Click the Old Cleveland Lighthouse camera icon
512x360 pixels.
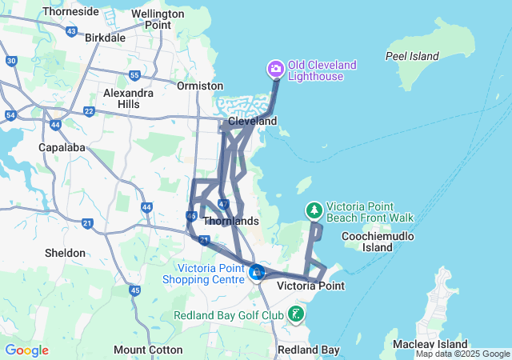tap(276, 70)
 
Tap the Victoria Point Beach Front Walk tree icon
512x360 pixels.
tap(314, 210)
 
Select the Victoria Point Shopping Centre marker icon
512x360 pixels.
tap(256, 272)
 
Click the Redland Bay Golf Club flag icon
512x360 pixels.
tap(297, 313)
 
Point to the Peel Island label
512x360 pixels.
tap(412, 56)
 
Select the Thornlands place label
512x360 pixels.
tap(231, 221)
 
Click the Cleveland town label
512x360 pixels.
tap(252, 121)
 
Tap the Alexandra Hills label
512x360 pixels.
tap(128, 98)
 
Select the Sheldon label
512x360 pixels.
tap(65, 253)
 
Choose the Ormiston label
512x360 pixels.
tap(200, 86)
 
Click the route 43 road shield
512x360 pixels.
tap(71, 32)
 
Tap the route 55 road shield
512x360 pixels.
tap(134, 75)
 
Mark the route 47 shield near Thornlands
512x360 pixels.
tap(223, 204)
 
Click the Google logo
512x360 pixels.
tap(26, 350)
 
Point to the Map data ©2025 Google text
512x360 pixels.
tap(462, 354)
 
